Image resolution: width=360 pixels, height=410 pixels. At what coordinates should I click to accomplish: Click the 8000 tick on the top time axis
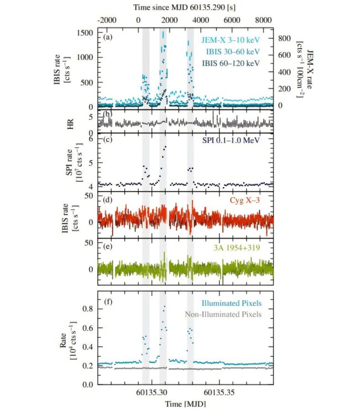pyautogui.click(x=262, y=20)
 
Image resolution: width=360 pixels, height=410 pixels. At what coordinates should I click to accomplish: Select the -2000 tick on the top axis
pyautogui.click(x=106, y=20)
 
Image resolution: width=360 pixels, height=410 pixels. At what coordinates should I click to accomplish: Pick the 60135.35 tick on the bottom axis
pyautogui.click(x=219, y=393)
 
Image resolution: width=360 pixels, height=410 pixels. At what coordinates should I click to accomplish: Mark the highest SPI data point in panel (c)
pyautogui.click(x=165, y=147)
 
